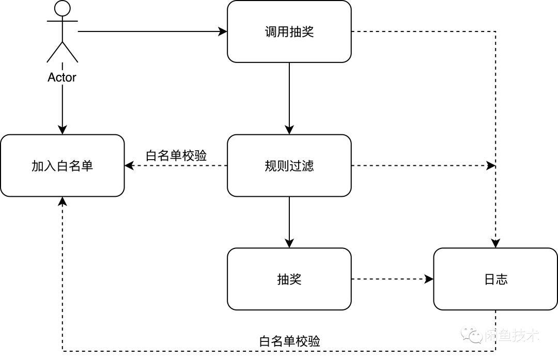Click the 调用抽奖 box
289,32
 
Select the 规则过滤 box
289,166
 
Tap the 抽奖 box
289,279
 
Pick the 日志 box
495,279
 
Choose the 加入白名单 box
63,166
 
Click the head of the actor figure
63,8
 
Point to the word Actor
62,77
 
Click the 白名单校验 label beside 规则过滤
176,155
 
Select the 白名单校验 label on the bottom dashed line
289,341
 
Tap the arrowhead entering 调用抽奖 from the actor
223,32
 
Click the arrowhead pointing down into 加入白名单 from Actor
63,130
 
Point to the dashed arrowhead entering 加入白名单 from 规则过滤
129,166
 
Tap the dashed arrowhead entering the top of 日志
495,243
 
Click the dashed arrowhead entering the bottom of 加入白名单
63,201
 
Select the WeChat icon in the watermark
472,335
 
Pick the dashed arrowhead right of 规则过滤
491,166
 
